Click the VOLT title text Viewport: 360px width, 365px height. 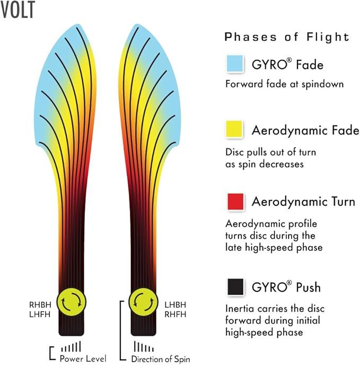[x=17, y=10]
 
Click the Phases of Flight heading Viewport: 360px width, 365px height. [x=287, y=37]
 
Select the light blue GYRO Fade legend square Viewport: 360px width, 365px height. [x=235, y=63]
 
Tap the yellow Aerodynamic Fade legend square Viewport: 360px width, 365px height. [x=234, y=129]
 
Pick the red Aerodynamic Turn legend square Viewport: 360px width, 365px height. [x=235, y=202]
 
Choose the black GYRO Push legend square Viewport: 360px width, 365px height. [x=235, y=286]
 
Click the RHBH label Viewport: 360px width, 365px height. [x=40, y=305]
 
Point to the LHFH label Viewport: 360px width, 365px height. [x=40, y=315]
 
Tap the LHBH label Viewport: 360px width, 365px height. [x=175, y=305]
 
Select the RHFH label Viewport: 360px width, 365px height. [x=175, y=315]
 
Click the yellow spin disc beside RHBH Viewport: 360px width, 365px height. [x=72, y=302]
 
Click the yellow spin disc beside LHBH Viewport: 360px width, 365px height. [x=143, y=302]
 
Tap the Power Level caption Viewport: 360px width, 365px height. [x=83, y=359]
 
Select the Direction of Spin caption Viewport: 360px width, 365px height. [x=161, y=359]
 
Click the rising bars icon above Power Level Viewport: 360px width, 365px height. [x=71, y=346]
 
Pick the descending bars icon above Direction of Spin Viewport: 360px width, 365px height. [x=144, y=346]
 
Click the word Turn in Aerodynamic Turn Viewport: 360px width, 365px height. [x=343, y=202]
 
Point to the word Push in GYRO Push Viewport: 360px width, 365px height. [x=309, y=287]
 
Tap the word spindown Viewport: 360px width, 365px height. [x=322, y=84]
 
